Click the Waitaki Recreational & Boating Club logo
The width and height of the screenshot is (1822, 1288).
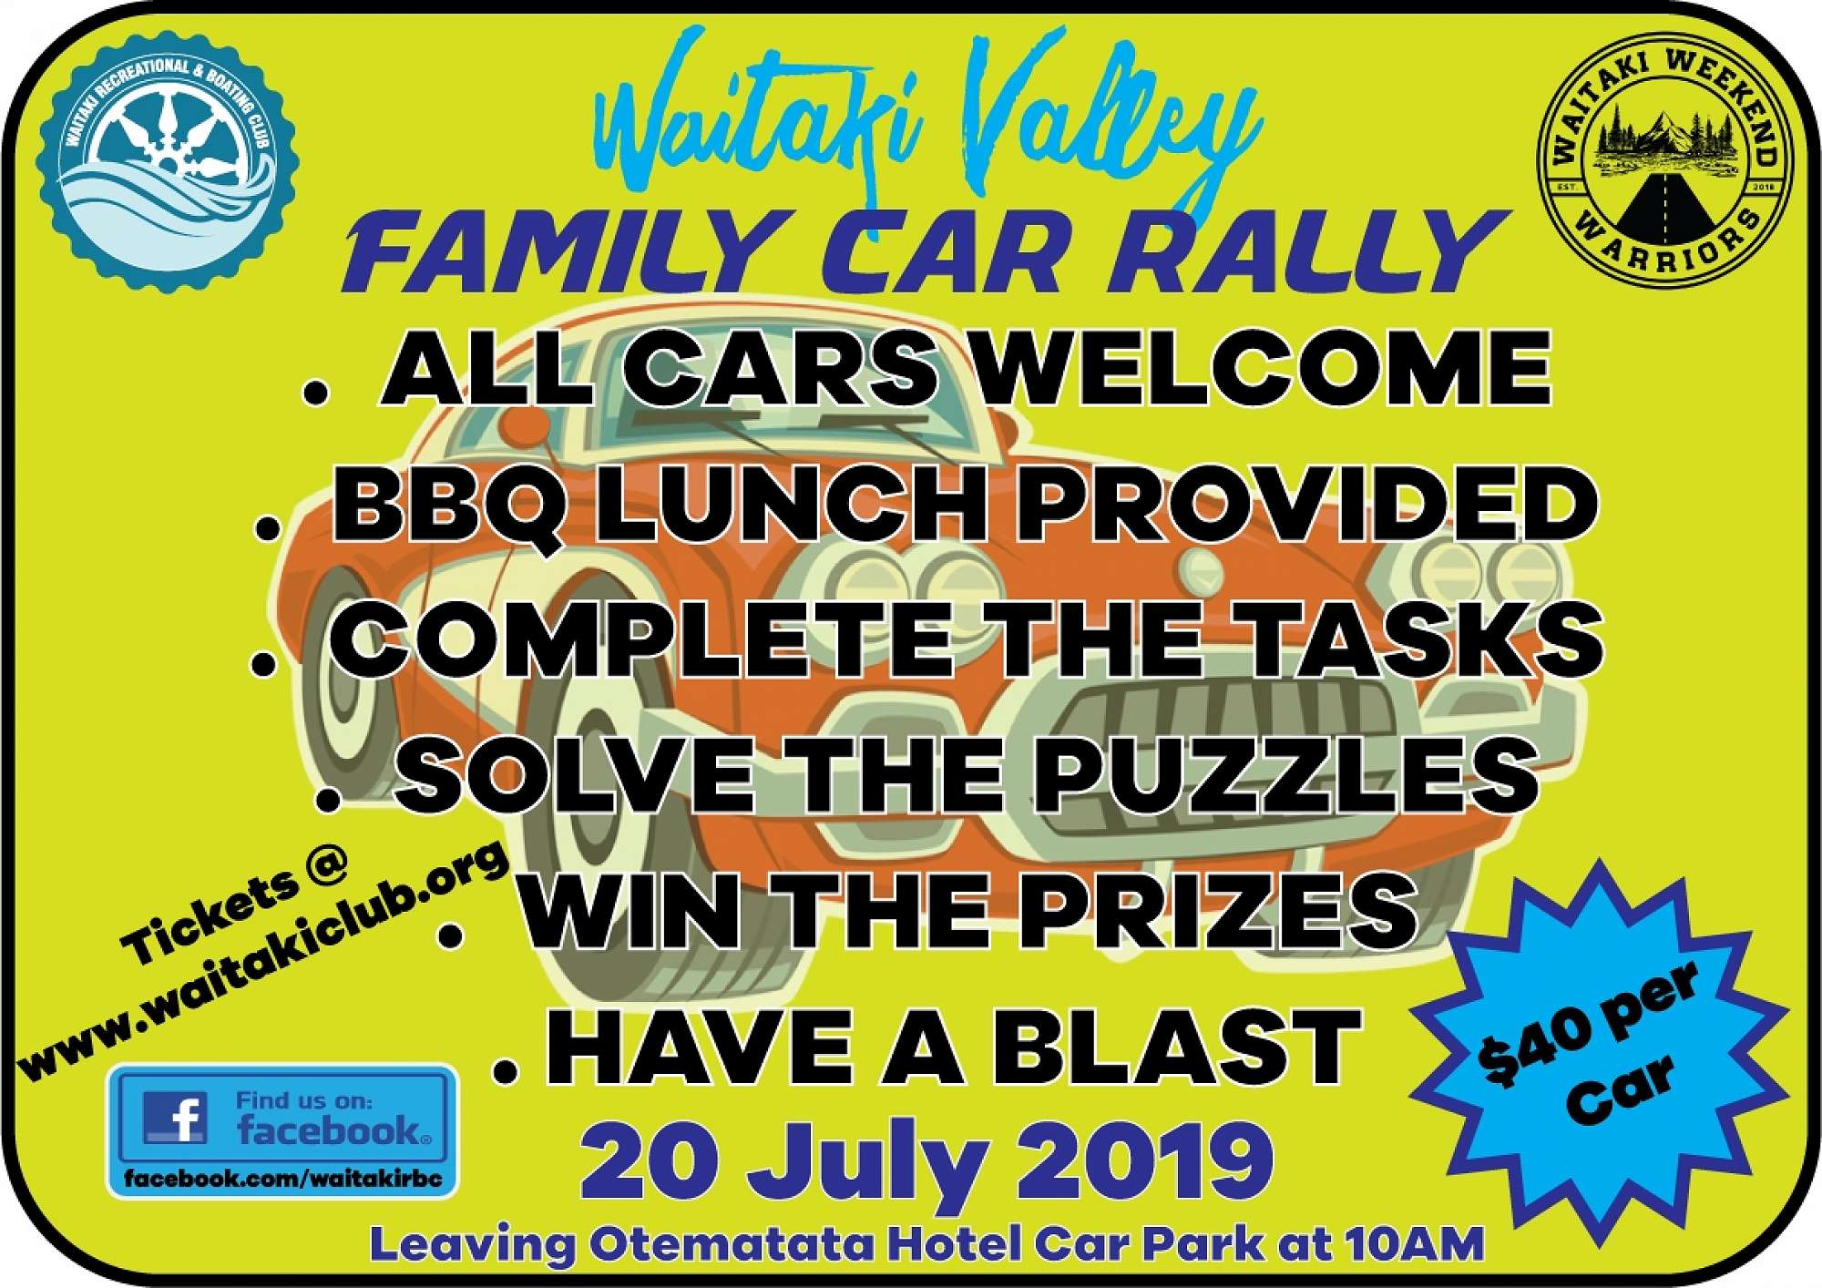pyautogui.click(x=168, y=163)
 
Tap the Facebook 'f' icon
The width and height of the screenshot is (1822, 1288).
pyautogui.click(x=175, y=1117)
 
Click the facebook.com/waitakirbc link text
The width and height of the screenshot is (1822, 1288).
pyautogui.click(x=283, y=1178)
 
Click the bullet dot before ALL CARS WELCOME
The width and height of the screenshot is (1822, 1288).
pyautogui.click(x=316, y=393)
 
